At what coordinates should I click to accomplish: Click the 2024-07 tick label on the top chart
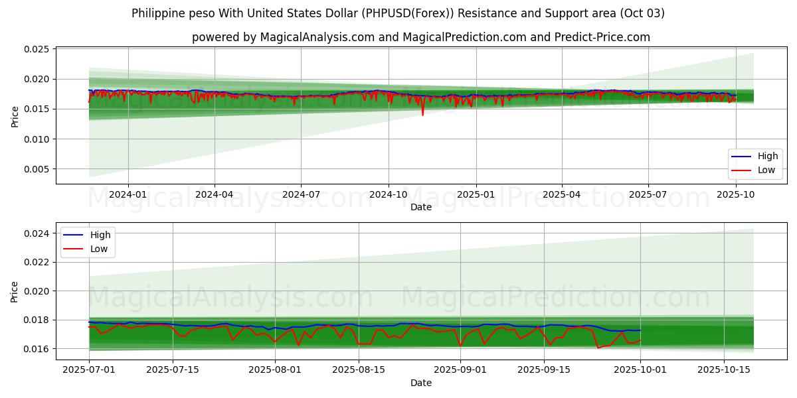click(x=301, y=194)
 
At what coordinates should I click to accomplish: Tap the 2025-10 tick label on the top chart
click(x=735, y=194)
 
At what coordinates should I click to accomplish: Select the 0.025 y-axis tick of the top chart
click(x=38, y=49)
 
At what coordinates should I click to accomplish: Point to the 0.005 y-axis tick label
click(x=38, y=169)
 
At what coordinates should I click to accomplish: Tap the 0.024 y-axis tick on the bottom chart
click(x=38, y=233)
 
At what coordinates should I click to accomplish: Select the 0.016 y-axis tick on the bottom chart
click(x=38, y=349)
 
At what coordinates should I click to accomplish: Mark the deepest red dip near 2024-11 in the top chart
click(x=422, y=115)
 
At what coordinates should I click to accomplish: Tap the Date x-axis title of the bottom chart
click(x=420, y=383)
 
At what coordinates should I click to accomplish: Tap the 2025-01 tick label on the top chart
click(x=475, y=194)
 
